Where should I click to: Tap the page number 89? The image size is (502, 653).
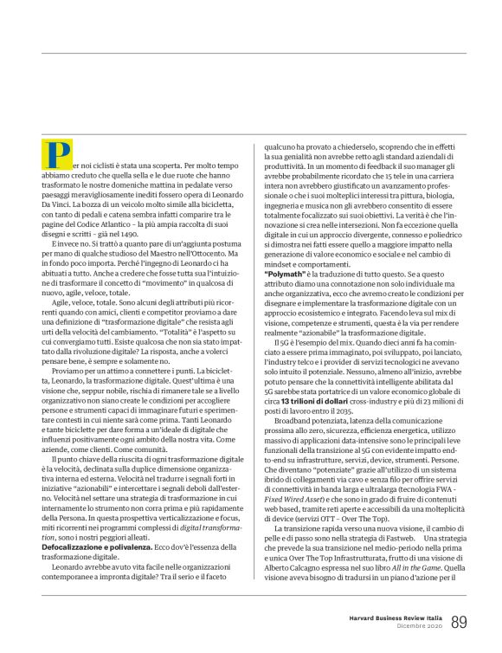[x=459, y=621]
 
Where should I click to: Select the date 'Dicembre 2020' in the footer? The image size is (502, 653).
[x=415, y=626]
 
